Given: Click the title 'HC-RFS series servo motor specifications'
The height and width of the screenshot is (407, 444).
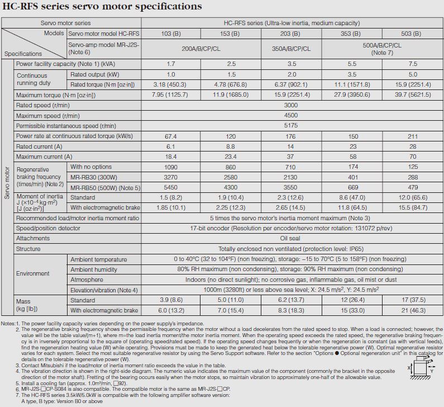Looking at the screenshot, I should click(102, 7).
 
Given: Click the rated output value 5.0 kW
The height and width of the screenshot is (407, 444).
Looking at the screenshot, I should click(412, 74).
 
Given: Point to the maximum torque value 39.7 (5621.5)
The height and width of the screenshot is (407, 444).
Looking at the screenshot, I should click(412, 95).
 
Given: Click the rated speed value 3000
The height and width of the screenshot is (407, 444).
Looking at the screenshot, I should click(291, 105).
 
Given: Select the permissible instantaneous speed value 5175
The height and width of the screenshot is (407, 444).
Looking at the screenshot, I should click(291, 126).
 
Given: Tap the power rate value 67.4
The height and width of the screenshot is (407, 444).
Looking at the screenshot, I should click(171, 136).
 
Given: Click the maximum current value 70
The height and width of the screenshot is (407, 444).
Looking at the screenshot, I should click(412, 157).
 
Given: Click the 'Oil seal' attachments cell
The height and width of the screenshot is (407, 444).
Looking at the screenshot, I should click(291, 238).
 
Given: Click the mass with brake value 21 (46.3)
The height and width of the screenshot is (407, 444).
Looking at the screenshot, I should click(412, 310).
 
